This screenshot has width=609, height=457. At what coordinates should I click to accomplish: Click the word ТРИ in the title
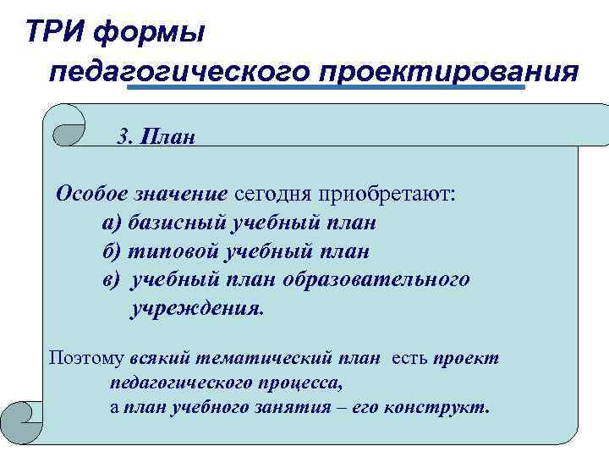(x=56, y=33)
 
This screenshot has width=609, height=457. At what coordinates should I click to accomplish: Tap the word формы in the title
(x=149, y=35)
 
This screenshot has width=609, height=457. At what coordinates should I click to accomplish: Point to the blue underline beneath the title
(x=326, y=87)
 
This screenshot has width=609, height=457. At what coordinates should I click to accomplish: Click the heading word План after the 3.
(x=169, y=136)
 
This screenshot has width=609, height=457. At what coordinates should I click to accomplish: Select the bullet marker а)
(x=112, y=223)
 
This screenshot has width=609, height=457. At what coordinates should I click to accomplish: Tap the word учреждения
(x=196, y=308)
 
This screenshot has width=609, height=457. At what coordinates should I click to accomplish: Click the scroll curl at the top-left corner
(x=66, y=126)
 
